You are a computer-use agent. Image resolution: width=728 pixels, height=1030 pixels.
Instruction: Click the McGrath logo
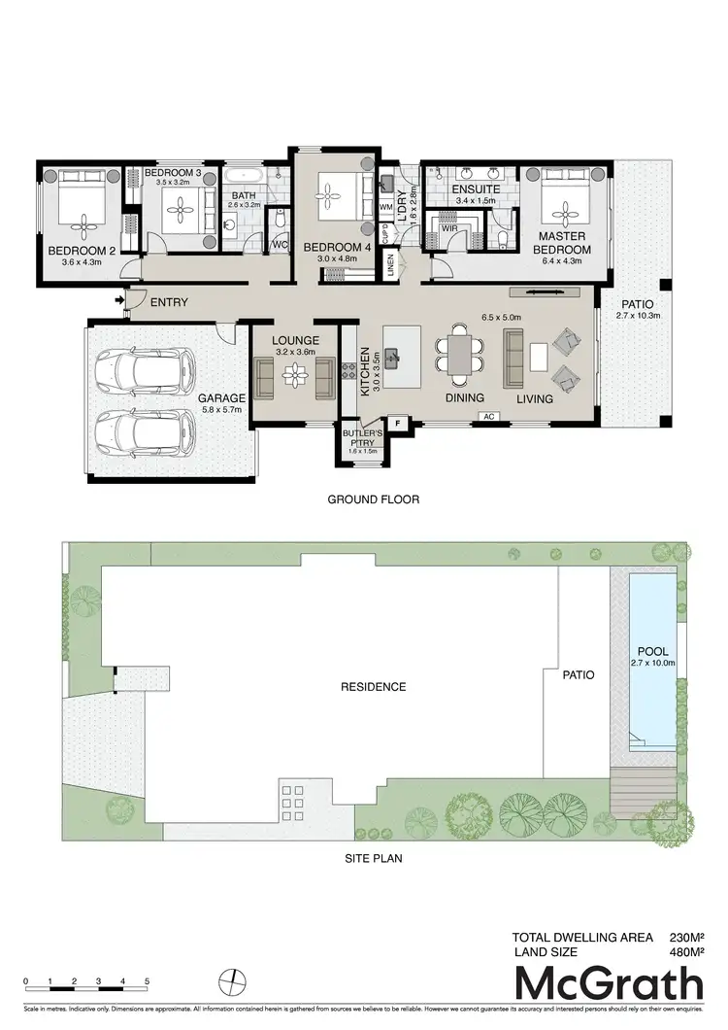point(609,984)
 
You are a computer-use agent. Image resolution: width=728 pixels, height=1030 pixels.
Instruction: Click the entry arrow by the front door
point(119,302)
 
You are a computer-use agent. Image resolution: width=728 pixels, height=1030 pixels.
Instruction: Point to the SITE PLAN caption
point(374,858)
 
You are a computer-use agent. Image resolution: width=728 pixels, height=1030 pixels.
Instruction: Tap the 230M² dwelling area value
point(685,938)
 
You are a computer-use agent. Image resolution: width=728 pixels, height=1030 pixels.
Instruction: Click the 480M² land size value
point(685,953)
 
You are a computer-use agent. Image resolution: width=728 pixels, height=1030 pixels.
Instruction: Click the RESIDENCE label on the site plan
point(373,687)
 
